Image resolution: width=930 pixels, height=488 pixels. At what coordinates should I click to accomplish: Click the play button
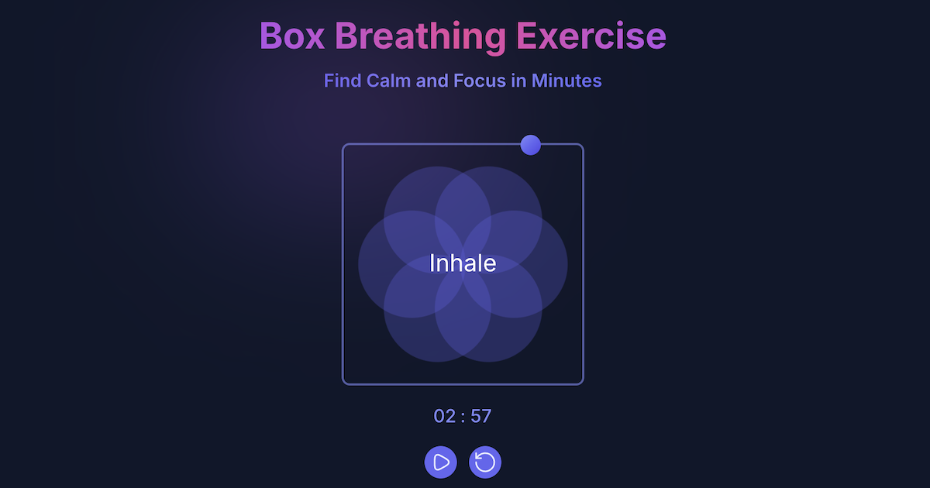point(441,462)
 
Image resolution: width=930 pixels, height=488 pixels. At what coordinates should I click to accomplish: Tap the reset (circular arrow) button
point(485,462)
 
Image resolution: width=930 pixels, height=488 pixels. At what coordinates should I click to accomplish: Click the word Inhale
point(463,263)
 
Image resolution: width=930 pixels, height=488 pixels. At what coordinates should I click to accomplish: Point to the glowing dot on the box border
point(530,145)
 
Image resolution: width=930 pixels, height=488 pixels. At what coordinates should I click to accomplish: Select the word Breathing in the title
point(418,36)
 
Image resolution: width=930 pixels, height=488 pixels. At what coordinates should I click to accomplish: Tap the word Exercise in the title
point(591,36)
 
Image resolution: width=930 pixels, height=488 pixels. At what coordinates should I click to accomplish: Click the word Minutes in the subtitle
point(567,81)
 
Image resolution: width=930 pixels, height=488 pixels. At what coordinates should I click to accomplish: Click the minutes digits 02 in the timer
point(445,416)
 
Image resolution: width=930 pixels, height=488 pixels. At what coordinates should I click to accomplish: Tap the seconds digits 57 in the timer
point(480,416)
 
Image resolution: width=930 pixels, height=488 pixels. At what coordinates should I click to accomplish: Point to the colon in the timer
point(463,417)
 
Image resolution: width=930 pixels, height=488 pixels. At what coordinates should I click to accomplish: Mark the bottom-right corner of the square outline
point(581,383)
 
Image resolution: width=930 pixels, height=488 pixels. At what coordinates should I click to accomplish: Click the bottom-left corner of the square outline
point(344,383)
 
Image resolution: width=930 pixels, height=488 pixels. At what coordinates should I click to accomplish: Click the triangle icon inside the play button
point(442,462)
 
